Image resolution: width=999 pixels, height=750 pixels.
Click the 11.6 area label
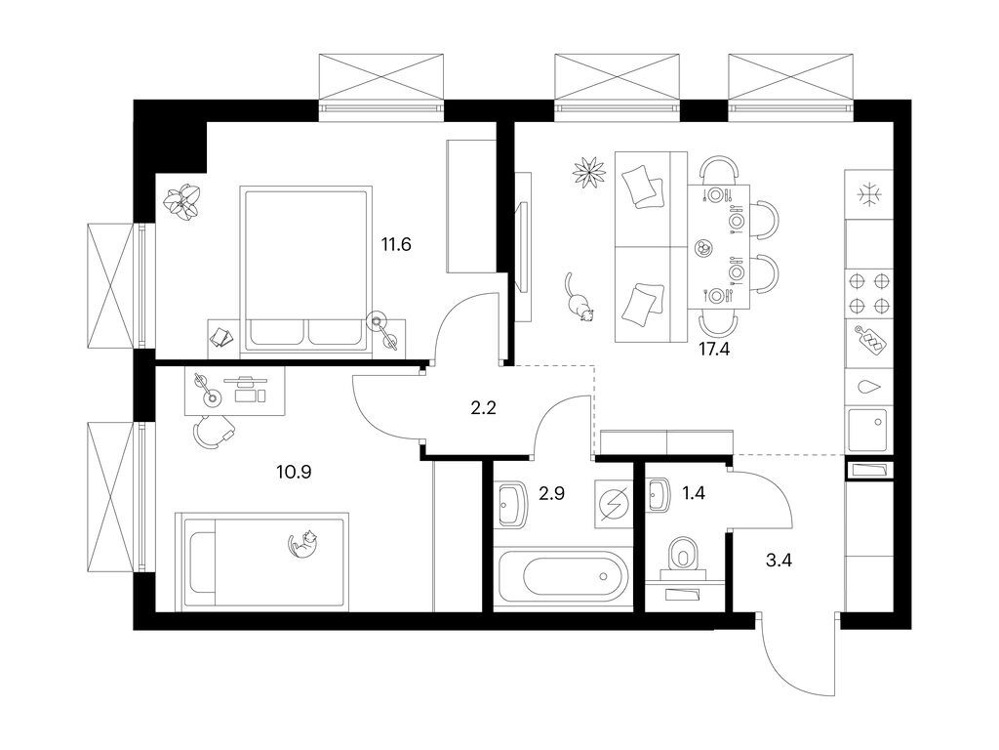[x=397, y=244]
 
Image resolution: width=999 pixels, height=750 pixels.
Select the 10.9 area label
[x=294, y=472]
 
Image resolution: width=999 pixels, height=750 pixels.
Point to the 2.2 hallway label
[x=484, y=408]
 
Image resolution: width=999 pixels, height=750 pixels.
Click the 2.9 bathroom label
[x=551, y=494]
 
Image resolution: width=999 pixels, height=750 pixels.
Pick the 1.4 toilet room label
[x=693, y=494]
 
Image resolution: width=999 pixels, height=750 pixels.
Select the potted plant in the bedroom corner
[x=182, y=202]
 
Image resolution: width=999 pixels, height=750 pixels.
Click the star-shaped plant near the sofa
[x=588, y=172]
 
